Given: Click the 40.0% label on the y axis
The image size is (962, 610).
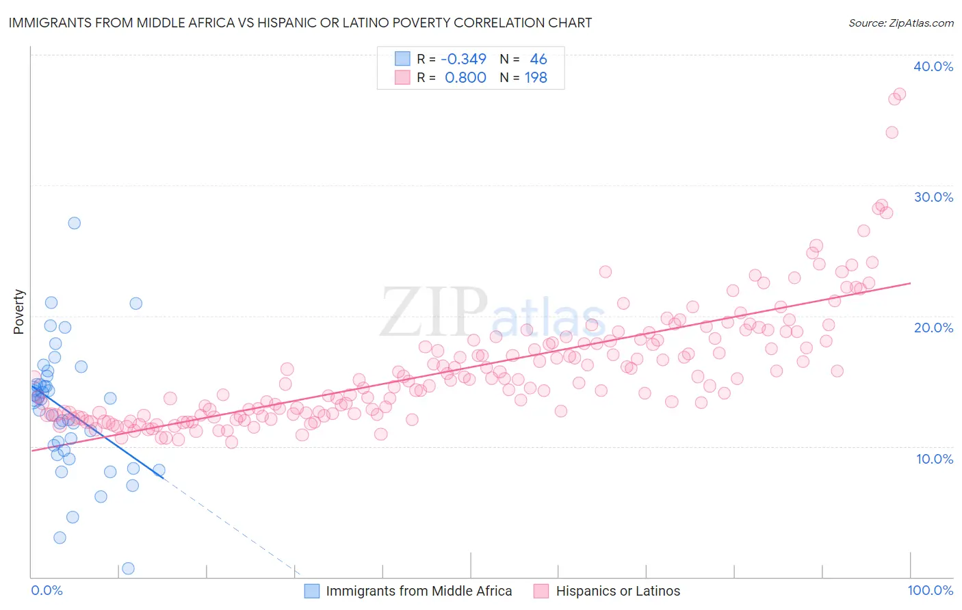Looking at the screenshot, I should (933, 66).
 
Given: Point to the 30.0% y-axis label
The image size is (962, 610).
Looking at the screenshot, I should (933, 197).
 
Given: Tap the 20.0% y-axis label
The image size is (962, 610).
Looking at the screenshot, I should (933, 328).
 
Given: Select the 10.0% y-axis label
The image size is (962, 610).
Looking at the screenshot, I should (935, 458).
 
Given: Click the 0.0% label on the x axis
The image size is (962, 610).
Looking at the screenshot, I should (47, 590).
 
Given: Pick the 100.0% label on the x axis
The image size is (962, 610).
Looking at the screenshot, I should (930, 590).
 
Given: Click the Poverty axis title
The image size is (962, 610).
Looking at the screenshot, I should (18, 312).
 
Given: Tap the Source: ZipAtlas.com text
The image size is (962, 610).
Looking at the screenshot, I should (900, 23).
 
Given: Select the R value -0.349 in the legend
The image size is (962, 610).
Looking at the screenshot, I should (463, 59).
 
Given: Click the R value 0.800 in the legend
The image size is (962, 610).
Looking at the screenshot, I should (465, 78).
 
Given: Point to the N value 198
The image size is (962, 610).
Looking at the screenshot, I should (536, 78).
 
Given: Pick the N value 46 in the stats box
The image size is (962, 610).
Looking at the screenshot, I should (538, 59).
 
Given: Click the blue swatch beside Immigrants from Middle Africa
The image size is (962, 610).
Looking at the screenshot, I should (312, 591).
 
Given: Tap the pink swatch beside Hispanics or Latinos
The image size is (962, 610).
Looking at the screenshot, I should (541, 591).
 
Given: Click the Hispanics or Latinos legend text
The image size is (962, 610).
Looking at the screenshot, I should (618, 591).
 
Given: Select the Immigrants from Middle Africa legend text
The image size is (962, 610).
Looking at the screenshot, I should (419, 591).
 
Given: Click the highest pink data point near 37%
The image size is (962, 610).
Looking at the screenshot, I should (899, 94).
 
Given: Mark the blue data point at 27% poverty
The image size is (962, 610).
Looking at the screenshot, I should (74, 223).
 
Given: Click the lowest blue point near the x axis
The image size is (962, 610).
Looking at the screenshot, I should (128, 568).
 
